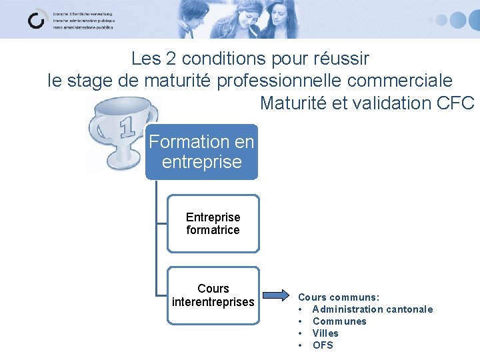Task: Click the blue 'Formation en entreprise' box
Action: [201, 152]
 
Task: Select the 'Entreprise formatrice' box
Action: [213, 224]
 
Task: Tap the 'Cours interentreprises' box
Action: [213, 295]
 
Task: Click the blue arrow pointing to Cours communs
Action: [275, 295]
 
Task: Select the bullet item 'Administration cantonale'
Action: [372, 309]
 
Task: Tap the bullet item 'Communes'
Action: [339, 321]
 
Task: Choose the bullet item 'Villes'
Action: [325, 333]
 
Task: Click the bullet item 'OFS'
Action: [323, 345]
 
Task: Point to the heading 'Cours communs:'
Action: [339, 297]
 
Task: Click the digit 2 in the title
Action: [172, 59]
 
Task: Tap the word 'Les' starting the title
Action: [146, 59]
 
